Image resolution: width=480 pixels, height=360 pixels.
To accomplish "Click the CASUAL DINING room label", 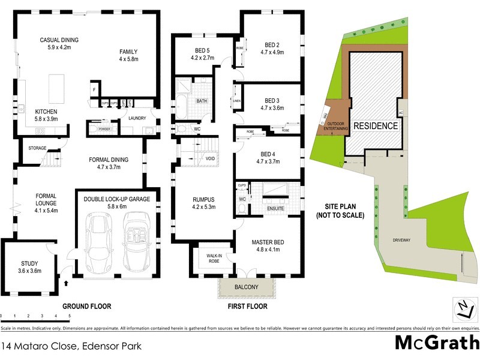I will click(x=59, y=40).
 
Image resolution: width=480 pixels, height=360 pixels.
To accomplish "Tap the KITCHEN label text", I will click(x=46, y=112).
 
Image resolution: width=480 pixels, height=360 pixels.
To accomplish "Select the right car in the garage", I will click(x=136, y=244).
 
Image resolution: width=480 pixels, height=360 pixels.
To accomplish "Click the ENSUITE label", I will click(x=276, y=208).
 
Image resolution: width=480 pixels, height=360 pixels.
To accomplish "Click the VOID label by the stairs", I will click(x=210, y=158).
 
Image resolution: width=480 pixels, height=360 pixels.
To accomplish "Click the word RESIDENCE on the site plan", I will click(x=375, y=126).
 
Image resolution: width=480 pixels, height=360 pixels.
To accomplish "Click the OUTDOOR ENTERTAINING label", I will click(x=336, y=126).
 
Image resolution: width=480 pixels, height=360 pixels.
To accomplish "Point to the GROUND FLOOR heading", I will click(x=88, y=307).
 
